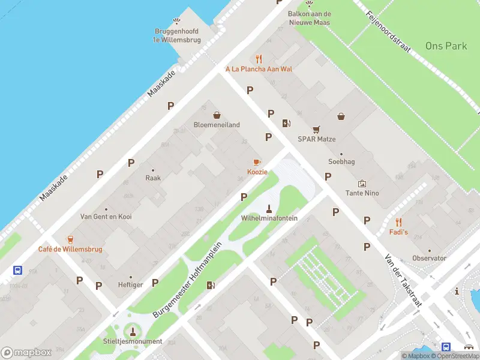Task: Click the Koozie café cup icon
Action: click(257, 162)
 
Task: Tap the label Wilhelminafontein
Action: click(269, 218)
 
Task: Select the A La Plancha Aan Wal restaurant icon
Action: click(259, 59)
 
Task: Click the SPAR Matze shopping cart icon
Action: click(316, 129)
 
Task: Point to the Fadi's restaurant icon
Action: click(398, 222)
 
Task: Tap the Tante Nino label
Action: click(362, 193)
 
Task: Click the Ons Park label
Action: click(446, 46)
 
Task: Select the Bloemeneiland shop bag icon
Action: click(216, 115)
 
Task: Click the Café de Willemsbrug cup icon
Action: click(70, 239)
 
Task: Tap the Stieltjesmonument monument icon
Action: click(133, 331)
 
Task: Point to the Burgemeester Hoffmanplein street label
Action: click(188, 280)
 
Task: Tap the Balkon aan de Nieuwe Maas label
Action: click(310, 17)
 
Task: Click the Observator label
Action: click(429, 258)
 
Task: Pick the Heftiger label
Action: click(130, 284)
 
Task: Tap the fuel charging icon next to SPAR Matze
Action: click(287, 123)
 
